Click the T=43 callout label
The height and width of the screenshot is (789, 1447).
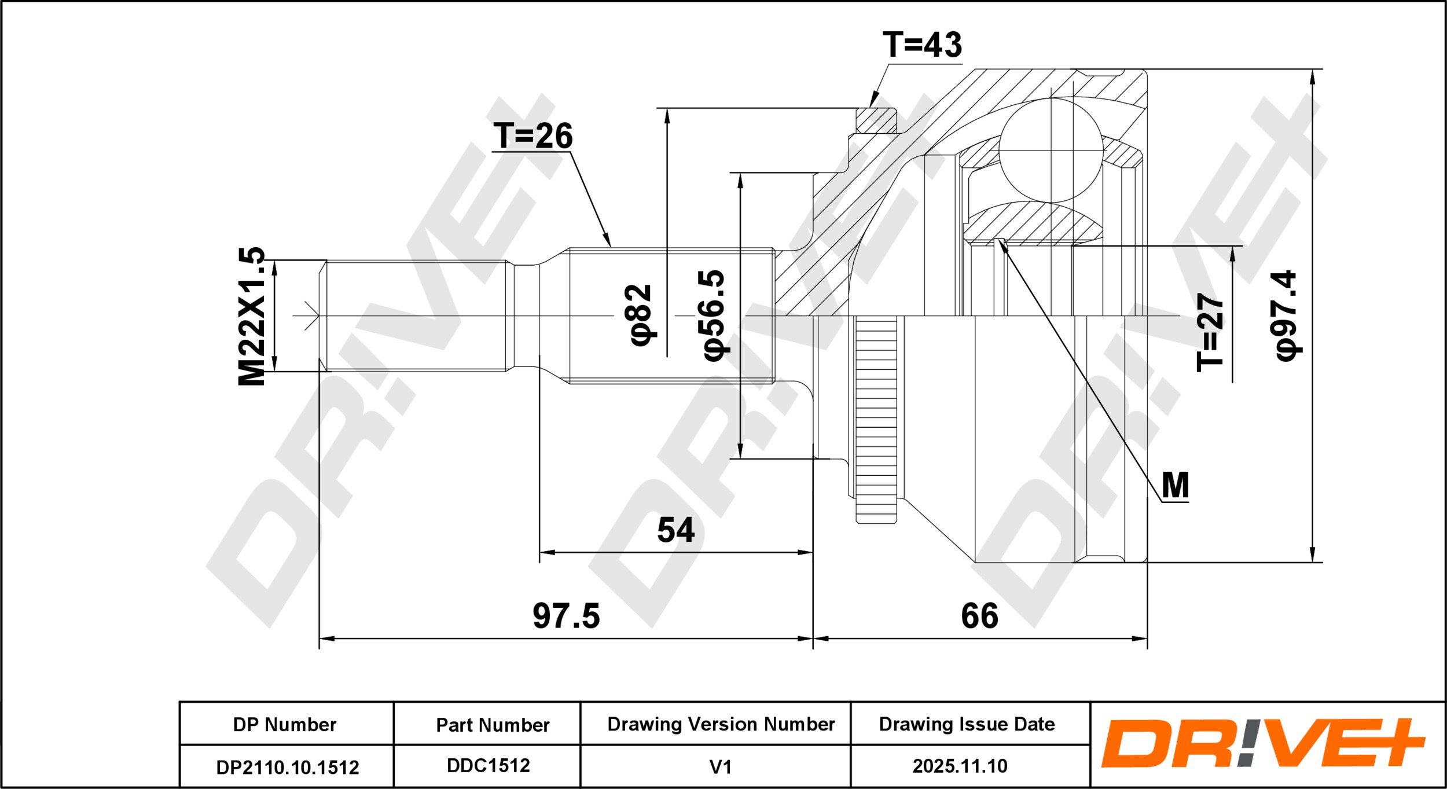point(922,45)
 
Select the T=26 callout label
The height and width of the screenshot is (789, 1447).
point(532,136)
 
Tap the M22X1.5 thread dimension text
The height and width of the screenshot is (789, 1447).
point(252,316)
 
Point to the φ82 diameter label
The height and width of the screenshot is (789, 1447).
point(641,315)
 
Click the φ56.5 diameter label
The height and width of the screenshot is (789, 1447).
point(715,315)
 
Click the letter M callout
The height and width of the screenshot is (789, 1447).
point(1175,485)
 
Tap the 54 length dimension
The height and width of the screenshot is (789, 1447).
point(675,530)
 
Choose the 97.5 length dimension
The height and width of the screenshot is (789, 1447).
point(566,616)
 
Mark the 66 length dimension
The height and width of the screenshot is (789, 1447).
point(980,616)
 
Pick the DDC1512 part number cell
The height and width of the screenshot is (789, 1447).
point(487,766)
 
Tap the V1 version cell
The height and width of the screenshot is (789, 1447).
point(721,766)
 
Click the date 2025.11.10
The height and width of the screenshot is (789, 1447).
point(960,766)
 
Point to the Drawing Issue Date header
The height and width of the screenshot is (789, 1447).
point(967,724)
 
